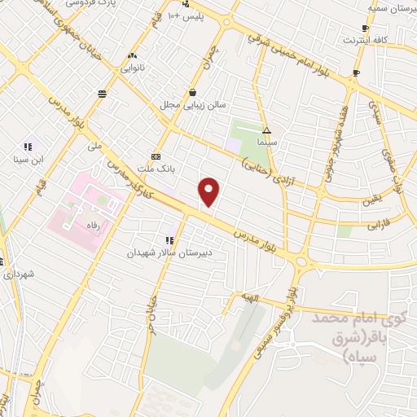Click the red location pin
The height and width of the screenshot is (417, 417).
[x=210, y=191]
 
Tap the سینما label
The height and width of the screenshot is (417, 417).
[x=266, y=142]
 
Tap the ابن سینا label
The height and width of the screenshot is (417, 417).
[x=36, y=159]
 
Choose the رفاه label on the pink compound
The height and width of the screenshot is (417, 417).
[x=92, y=222]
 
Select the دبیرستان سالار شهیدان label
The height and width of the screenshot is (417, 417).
[x=167, y=252]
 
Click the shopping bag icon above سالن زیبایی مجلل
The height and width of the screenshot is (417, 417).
[x=191, y=92]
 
